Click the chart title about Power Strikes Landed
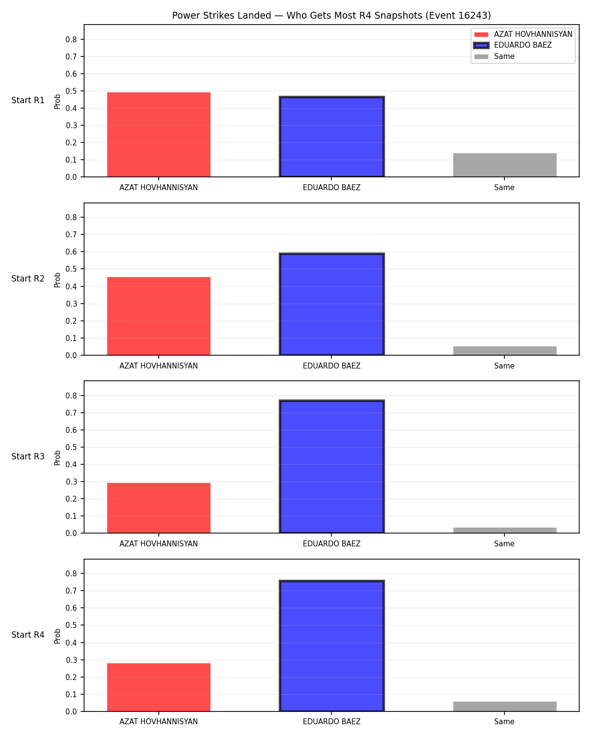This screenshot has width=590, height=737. (331, 15)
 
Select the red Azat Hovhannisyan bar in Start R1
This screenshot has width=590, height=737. (159, 135)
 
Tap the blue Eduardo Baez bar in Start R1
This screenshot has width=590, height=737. (331, 137)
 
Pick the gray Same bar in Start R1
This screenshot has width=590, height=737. (504, 165)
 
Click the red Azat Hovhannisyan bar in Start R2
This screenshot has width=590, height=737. (159, 316)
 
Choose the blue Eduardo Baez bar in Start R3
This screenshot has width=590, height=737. (331, 466)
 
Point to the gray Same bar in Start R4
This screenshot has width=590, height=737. (504, 707)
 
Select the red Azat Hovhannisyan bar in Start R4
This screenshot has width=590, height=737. (159, 687)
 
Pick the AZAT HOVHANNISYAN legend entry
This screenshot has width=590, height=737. (523, 34)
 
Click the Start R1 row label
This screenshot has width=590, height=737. (28, 100)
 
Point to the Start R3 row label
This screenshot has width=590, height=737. (28, 456)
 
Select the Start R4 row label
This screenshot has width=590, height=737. (28, 635)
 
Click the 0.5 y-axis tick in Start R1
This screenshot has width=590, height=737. (71, 91)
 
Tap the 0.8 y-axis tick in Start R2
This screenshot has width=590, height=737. (71, 218)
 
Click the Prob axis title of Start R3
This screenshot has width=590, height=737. (57, 458)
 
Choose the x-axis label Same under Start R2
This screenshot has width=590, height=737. (504, 366)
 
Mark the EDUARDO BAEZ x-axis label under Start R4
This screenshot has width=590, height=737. (331, 722)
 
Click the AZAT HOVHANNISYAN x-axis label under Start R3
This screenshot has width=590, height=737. (159, 544)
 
